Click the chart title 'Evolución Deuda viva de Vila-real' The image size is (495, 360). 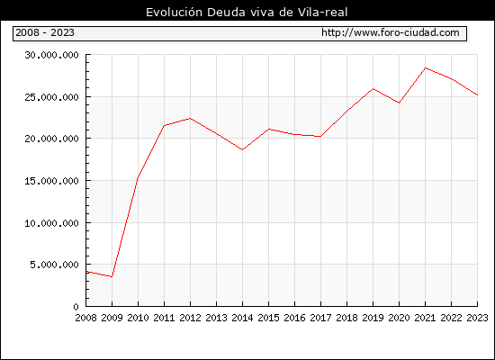click(x=247, y=13)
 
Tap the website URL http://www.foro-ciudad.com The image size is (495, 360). click(x=391, y=32)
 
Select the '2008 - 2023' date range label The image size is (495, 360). click(x=45, y=32)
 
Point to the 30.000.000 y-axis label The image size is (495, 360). click(x=52, y=55)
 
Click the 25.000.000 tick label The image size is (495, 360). click(x=52, y=97)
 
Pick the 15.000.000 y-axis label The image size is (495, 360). click(x=52, y=181)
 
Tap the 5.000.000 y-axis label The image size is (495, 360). click(x=54, y=265)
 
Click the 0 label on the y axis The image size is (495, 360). click(x=76, y=307)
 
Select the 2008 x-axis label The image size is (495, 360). click(x=85, y=318)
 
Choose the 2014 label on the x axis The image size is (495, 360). click(x=242, y=318)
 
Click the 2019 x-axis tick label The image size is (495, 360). click(x=373, y=318)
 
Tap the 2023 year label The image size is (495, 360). click(x=477, y=318)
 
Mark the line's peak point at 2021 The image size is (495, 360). click(x=425, y=67)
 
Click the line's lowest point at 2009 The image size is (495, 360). click(x=112, y=276)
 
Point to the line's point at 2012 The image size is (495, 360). click(x=190, y=119)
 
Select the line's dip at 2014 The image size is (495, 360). click(x=242, y=149)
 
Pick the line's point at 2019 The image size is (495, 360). click(x=373, y=89)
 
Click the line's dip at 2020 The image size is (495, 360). click(x=399, y=103)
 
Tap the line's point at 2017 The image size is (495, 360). click(x=320, y=137)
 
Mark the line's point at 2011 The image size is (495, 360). click(x=164, y=125)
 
